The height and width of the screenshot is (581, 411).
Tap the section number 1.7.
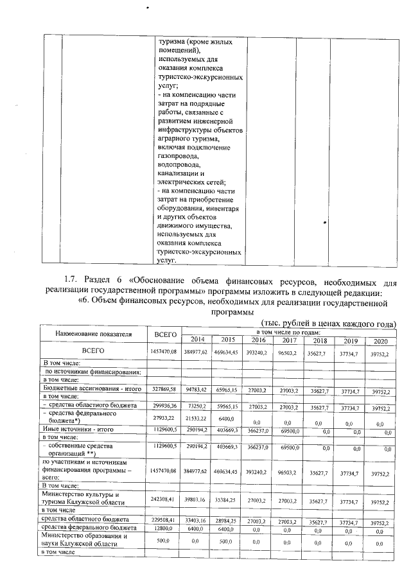[71, 281]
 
